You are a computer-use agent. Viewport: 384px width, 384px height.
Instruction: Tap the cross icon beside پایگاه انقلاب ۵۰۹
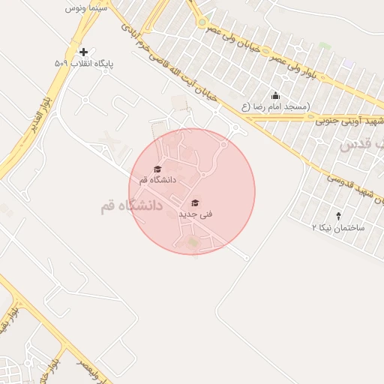click(82, 52)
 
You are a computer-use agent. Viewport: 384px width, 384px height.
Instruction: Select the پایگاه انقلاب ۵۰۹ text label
click(84, 64)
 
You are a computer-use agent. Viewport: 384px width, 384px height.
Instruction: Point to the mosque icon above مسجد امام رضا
click(275, 95)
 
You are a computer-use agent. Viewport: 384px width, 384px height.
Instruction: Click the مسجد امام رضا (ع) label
click(275, 107)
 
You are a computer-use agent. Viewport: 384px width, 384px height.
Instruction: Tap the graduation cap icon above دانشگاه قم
click(157, 169)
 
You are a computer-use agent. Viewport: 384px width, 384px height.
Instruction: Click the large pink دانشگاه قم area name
click(131, 205)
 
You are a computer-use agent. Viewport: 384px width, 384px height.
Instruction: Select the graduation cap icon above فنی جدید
click(195, 202)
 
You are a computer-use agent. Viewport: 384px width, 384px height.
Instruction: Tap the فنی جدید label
click(195, 214)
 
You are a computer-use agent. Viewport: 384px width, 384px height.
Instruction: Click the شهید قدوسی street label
click(352, 191)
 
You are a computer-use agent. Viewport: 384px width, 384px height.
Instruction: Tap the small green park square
click(322, 46)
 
